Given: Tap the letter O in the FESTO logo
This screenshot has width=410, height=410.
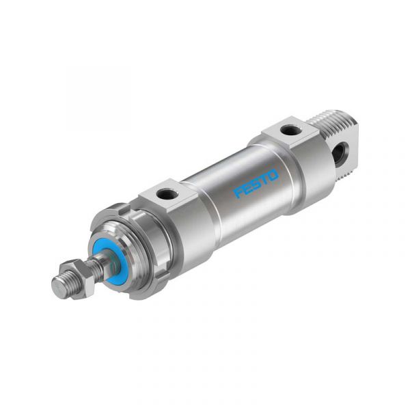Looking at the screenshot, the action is [273, 175].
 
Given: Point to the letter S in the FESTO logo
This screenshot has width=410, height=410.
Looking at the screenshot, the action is [256, 184].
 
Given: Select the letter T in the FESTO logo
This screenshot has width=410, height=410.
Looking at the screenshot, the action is [264, 179].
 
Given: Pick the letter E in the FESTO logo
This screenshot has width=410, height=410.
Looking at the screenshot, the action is [247, 189].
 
